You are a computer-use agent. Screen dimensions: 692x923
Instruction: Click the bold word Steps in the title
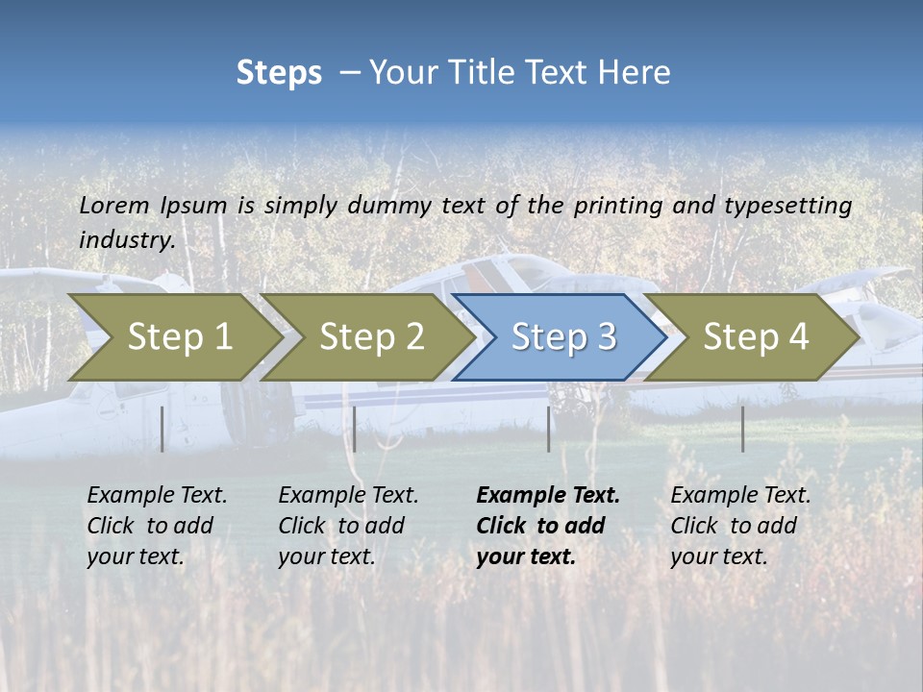279,73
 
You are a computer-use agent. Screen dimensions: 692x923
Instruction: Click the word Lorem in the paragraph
114,205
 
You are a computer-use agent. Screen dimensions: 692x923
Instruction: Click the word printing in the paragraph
618,205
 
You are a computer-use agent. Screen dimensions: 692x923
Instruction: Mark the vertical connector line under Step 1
162,429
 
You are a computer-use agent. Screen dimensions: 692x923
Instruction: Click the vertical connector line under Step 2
355,429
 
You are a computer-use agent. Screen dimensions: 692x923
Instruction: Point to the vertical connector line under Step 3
548,429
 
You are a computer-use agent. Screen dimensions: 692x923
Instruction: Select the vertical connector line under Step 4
743,429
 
